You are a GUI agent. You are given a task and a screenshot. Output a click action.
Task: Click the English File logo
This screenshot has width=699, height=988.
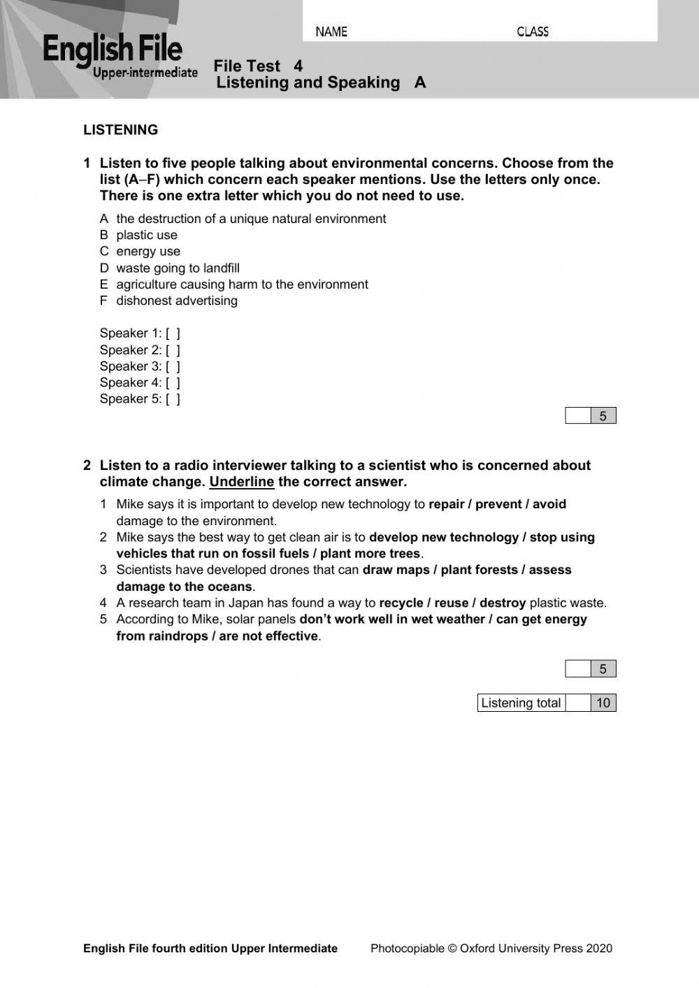tap(119, 56)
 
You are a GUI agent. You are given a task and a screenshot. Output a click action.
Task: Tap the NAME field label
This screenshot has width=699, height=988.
tap(331, 31)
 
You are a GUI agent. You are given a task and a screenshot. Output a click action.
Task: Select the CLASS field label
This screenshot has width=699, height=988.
tap(533, 31)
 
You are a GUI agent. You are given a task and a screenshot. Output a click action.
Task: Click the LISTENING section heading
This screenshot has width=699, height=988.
tap(120, 130)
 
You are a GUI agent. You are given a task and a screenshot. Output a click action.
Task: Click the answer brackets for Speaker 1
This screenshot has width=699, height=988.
tap(173, 334)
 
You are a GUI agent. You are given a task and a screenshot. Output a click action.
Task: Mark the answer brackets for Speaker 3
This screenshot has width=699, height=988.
tap(173, 366)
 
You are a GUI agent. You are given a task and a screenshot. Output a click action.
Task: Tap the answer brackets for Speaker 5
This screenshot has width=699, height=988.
tap(173, 399)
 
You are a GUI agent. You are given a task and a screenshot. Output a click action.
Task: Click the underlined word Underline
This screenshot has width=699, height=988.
tap(241, 482)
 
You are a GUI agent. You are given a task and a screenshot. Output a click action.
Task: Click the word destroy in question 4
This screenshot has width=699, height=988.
tap(502, 603)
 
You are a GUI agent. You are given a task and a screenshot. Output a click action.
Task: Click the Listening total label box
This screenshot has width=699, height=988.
tap(521, 703)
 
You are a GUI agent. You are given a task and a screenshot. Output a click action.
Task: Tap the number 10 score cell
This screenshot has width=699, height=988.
tap(603, 703)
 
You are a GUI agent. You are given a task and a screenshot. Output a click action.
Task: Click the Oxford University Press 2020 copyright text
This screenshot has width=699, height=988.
tap(491, 948)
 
